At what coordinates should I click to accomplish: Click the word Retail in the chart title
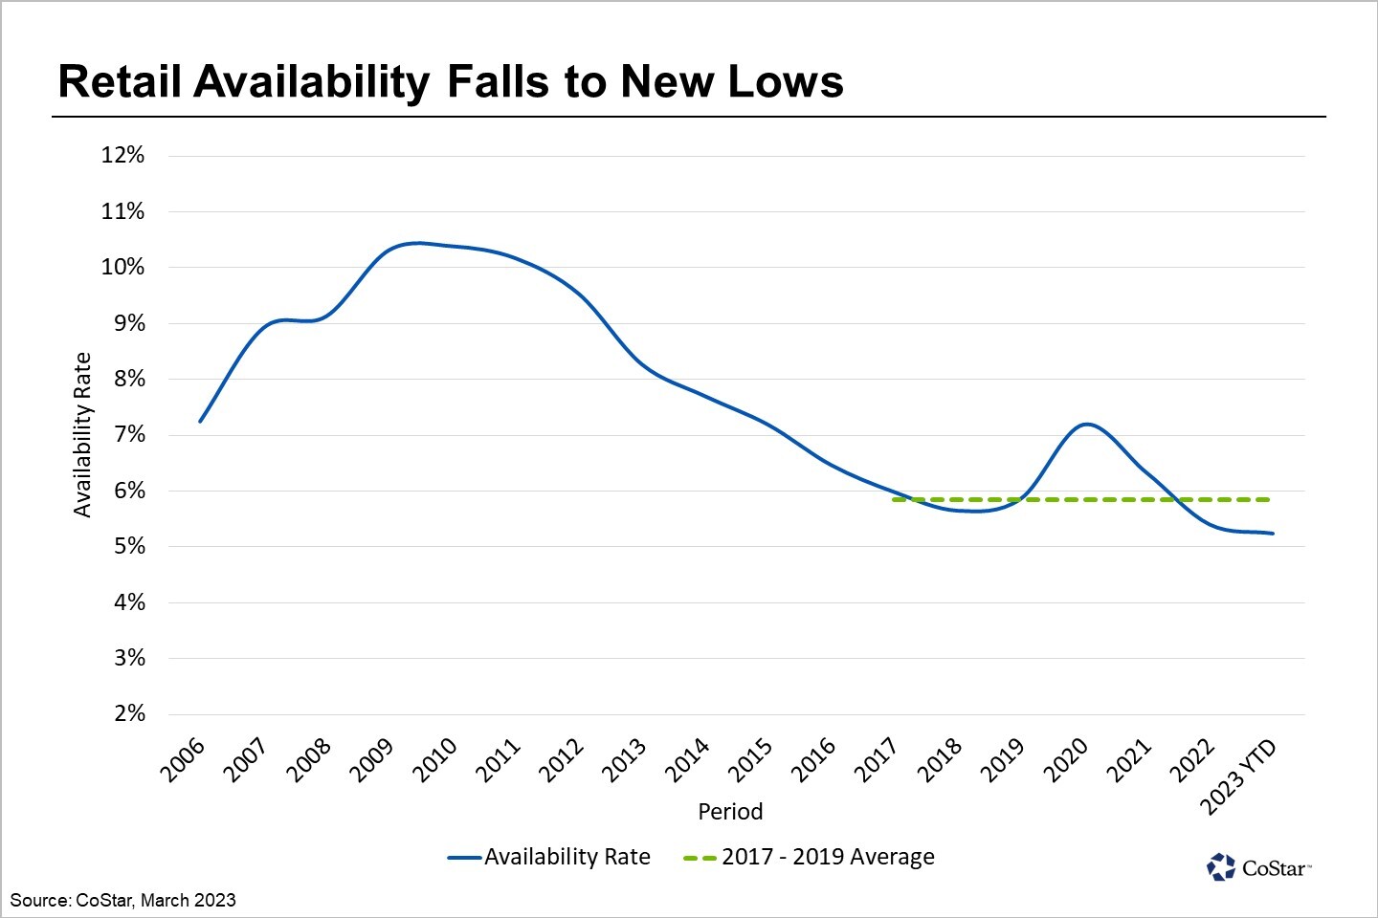(x=120, y=82)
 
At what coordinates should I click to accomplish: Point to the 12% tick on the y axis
(x=123, y=155)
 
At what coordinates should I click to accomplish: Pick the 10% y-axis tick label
(x=123, y=267)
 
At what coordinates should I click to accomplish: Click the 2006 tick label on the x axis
(x=183, y=760)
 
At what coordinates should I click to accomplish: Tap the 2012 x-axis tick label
(x=562, y=760)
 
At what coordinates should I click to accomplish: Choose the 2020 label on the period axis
(x=1067, y=760)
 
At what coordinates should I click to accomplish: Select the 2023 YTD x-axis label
(x=1238, y=776)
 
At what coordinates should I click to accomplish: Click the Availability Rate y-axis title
(x=82, y=435)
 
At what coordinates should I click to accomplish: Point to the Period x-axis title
(x=730, y=812)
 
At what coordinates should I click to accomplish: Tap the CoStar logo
(x=1258, y=867)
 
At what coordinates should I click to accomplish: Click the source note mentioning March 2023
(x=123, y=900)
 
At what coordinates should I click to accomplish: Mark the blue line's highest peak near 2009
(x=417, y=243)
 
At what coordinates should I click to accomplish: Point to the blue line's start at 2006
(x=200, y=422)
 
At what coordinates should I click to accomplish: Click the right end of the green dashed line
(x=1269, y=499)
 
